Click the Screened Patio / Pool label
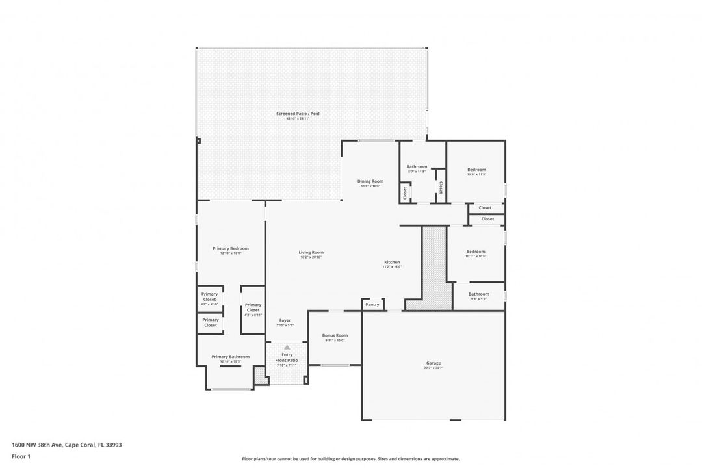click(298, 114)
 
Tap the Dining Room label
click(370, 181)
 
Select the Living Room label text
click(311, 252)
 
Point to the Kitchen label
click(392, 262)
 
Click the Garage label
click(434, 363)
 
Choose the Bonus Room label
click(335, 335)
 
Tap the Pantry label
click(372, 304)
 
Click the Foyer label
click(285, 320)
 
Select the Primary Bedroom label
click(231, 248)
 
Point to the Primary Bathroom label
click(231, 356)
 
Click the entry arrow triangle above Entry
click(287, 348)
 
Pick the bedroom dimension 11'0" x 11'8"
click(476, 174)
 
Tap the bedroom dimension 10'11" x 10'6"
click(476, 256)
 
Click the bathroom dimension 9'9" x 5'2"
click(479, 298)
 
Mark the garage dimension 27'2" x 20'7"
click(434, 368)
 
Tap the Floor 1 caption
click(21, 456)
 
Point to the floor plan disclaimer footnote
click(350, 458)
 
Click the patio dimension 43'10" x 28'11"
click(298, 119)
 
